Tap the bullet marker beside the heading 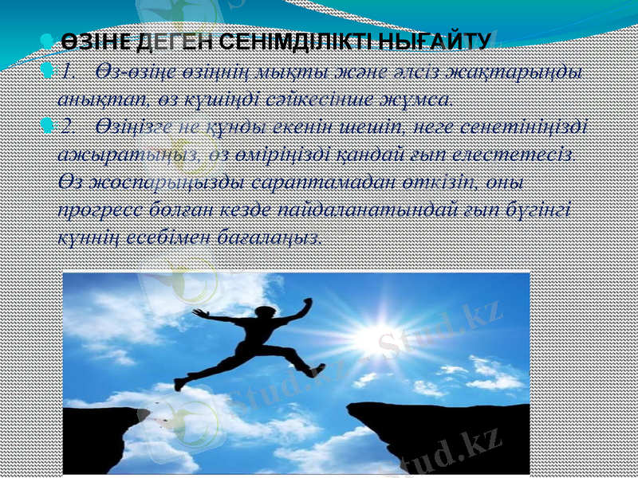[x=47, y=39]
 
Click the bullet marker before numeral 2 [x=47, y=124]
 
